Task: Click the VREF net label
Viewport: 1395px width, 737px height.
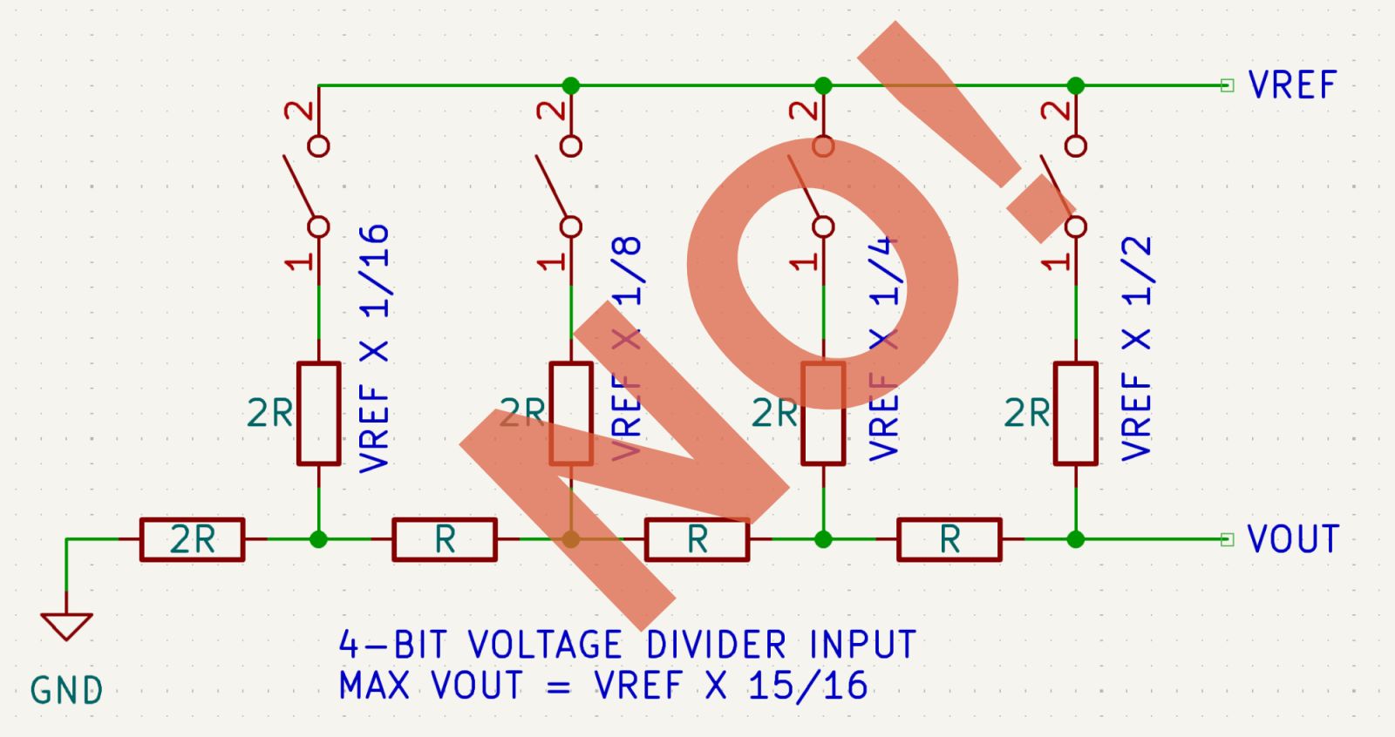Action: pos(1292,85)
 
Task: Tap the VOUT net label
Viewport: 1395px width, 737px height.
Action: pos(1292,539)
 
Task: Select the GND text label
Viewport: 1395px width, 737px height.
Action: pos(66,691)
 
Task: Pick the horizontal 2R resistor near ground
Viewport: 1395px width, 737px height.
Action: pos(192,539)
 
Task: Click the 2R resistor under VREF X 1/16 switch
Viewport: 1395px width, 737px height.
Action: pos(319,413)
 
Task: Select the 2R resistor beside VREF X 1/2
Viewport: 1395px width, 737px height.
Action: pos(1076,413)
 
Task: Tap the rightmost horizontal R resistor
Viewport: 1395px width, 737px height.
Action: pos(949,539)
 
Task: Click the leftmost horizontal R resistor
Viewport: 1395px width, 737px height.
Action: pos(445,539)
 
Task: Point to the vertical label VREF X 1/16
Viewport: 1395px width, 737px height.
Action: pos(375,348)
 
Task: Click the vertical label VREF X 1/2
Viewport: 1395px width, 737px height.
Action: pos(1137,348)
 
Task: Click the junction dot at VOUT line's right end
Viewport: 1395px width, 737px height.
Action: pos(1076,539)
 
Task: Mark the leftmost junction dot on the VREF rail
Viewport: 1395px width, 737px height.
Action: pos(571,85)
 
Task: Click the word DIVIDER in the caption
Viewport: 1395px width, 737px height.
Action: pos(716,646)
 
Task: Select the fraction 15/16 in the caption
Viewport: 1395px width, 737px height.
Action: pos(807,686)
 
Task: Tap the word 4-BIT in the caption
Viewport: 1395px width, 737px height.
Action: pos(392,646)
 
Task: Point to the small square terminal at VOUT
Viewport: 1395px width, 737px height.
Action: pos(1228,539)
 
